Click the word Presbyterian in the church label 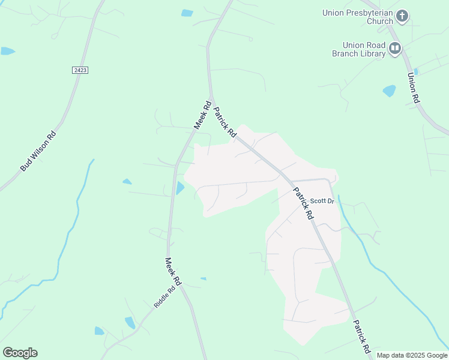coord(368,12)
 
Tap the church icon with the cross coord(402,16)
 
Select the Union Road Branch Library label coord(358,49)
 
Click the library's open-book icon coord(395,49)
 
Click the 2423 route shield coord(80,70)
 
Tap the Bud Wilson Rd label coord(38,151)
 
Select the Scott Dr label coord(322,200)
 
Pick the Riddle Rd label coord(164,296)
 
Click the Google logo coord(20,353)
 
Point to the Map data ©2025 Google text coord(412,355)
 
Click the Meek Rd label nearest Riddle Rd coord(173,272)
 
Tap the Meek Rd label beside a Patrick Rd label coord(203,115)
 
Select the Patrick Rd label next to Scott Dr coord(303,203)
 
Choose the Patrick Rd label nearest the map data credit coord(362,335)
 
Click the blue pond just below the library coord(389,91)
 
